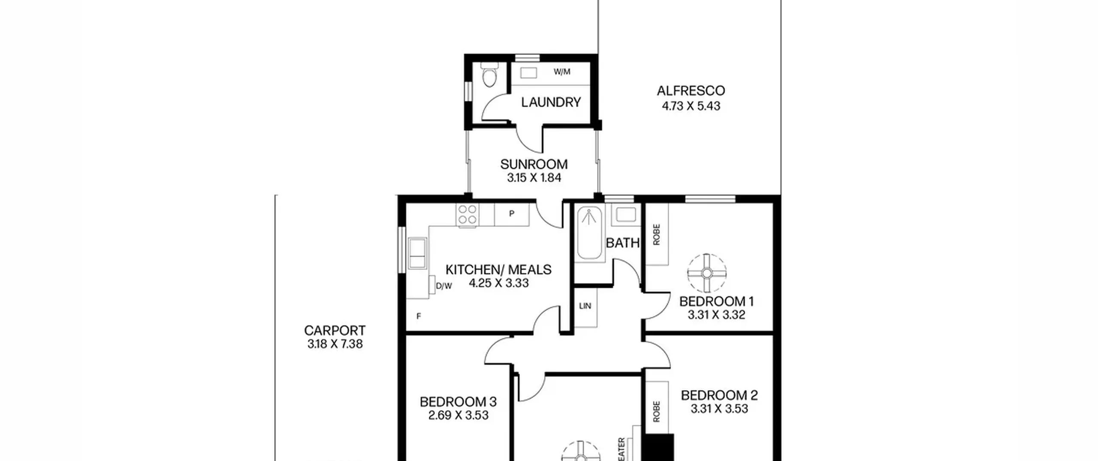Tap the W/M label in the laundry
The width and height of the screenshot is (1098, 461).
click(562, 72)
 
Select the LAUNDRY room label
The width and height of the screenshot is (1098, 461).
click(551, 102)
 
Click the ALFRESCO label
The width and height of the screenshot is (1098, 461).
click(691, 90)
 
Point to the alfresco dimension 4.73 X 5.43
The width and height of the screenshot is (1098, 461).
click(691, 106)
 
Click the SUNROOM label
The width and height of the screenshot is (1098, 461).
click(534, 164)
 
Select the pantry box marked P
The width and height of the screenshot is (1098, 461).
click(512, 214)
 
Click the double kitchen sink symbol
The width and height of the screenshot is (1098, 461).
click(117, 253)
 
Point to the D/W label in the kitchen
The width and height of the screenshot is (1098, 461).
click(444, 286)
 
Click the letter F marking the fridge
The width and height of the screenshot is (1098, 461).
click(419, 316)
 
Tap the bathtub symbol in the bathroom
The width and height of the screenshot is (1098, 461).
click(589, 233)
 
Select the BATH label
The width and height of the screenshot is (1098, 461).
click(623, 243)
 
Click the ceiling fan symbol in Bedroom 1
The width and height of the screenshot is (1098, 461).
click(706, 273)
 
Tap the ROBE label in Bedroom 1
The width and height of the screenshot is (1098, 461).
click(656, 235)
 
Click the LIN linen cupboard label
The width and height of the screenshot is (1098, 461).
click(585, 306)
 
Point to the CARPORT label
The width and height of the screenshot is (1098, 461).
click(335, 331)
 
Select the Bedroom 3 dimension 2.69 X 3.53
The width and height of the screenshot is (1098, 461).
click(459, 415)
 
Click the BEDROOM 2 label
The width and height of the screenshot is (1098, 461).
click(719, 395)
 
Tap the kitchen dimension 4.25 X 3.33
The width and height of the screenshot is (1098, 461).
click(499, 283)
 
